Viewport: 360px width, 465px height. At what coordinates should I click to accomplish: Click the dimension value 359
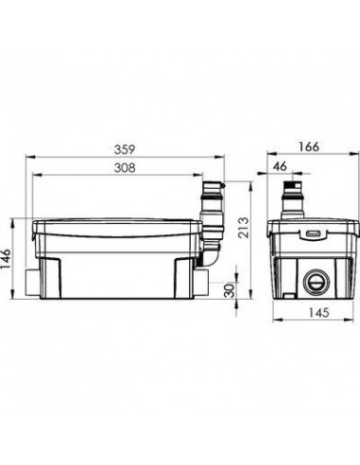point(125,149)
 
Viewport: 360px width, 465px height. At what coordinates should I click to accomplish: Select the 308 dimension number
point(125,167)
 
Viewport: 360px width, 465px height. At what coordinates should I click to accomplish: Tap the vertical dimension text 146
point(6,259)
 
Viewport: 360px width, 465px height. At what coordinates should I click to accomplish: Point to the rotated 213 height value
point(244,228)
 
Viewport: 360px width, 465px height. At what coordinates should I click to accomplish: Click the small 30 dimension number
point(231,290)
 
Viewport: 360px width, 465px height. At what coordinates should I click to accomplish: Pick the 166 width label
point(309,146)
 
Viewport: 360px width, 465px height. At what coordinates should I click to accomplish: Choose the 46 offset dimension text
point(280,166)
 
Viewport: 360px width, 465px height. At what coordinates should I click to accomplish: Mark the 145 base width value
point(318,313)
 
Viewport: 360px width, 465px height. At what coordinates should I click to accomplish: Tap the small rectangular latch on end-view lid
point(314,233)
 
